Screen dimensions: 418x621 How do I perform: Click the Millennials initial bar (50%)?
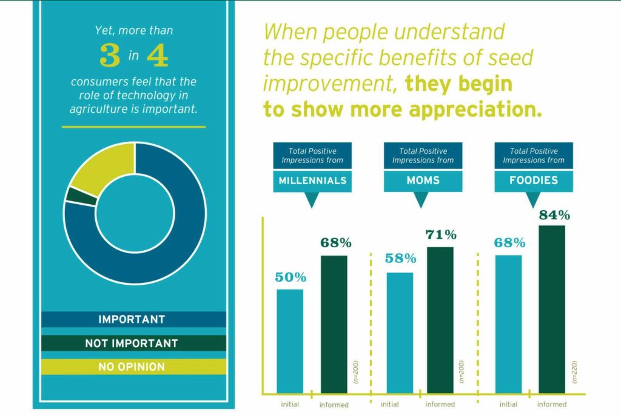click(290, 341)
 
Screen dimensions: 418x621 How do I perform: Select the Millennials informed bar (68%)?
click(334, 324)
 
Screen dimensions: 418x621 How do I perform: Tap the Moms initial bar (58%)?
click(400, 333)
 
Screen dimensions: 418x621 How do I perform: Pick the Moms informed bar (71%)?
click(440, 320)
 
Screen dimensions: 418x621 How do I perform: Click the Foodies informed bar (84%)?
click(551, 309)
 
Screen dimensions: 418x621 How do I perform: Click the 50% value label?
click(290, 277)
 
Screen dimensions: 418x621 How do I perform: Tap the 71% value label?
click(441, 235)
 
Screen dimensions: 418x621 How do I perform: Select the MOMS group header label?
click(423, 181)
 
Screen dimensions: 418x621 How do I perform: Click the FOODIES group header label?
click(534, 181)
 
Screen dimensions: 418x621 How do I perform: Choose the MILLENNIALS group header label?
click(312, 181)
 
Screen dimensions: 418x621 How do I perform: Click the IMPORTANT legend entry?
click(131, 319)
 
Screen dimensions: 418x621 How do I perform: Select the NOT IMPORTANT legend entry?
click(131, 343)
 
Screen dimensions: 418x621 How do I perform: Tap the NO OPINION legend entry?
click(131, 367)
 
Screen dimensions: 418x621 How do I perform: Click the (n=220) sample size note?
click(573, 371)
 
